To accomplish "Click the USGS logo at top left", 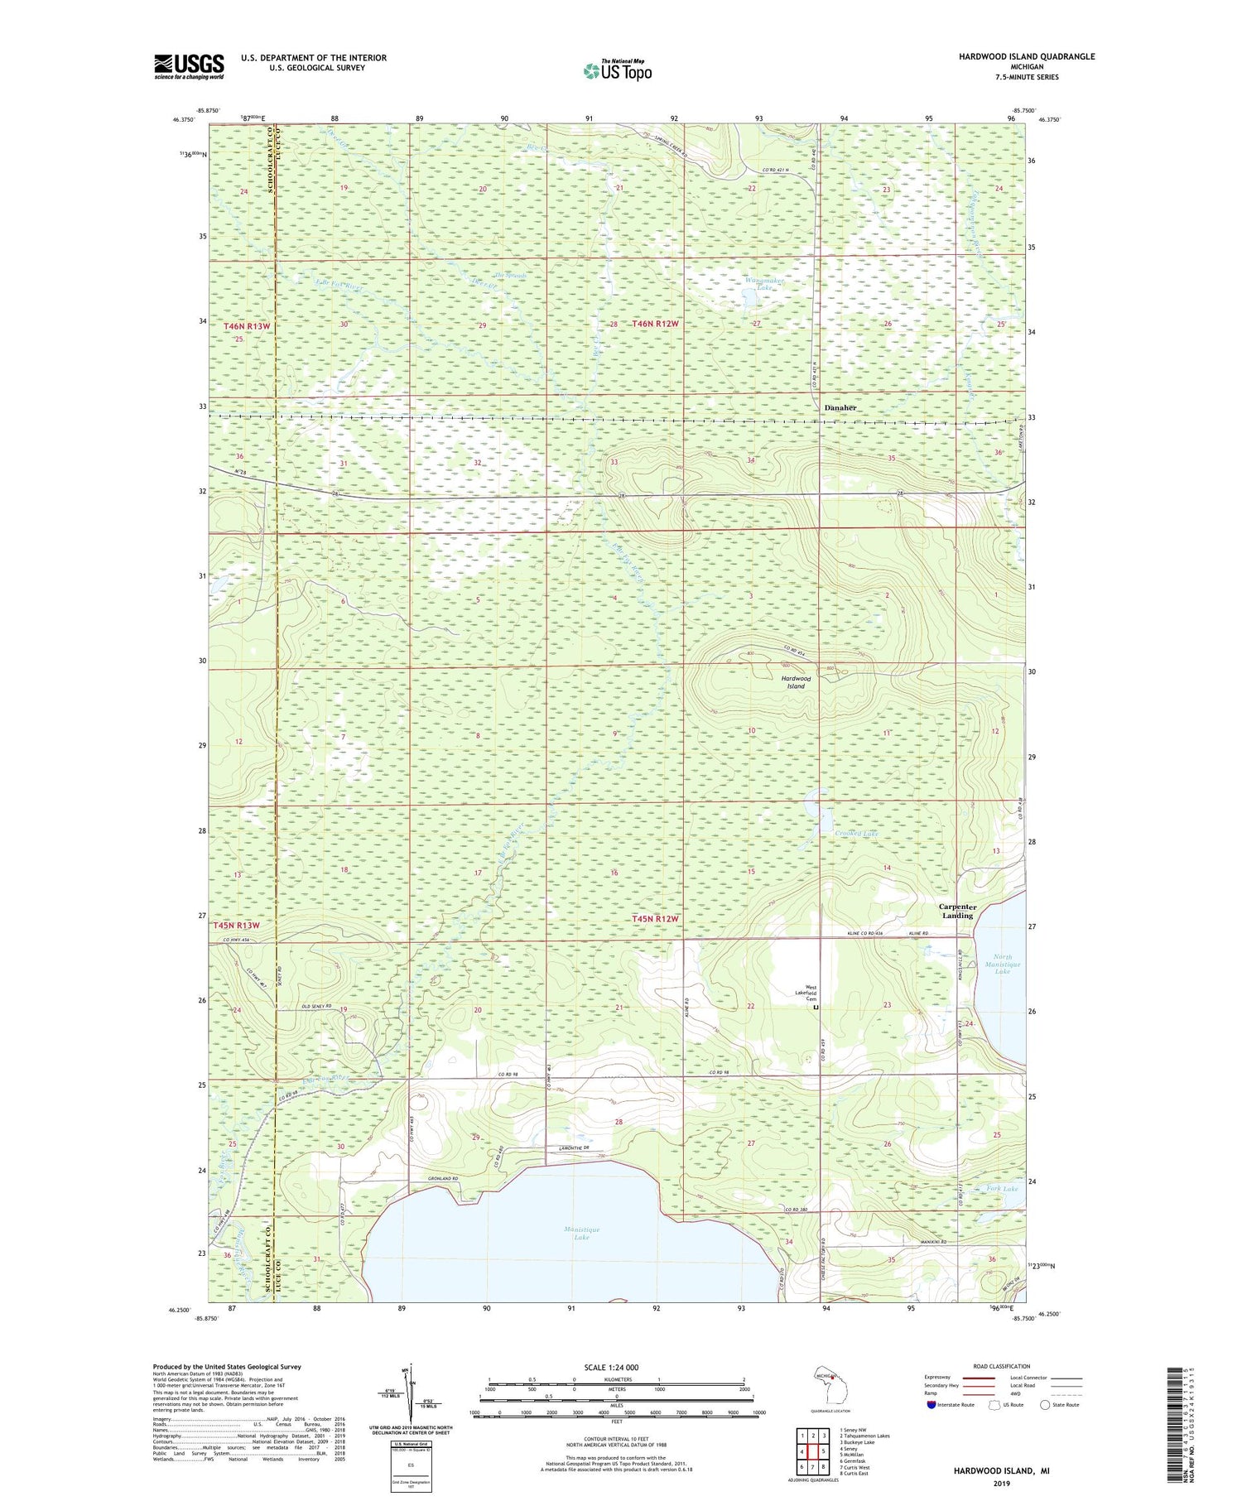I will coord(189,66).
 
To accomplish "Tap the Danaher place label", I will coord(840,408).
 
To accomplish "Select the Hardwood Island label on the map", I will coord(796,681).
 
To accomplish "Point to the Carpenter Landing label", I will coord(957,911).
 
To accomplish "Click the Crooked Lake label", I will coord(856,834).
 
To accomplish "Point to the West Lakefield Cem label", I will coord(808,993).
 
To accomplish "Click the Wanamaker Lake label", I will coord(763,284).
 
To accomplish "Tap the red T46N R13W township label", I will coord(247,326).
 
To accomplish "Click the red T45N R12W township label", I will coord(655,919).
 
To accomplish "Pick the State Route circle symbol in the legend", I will coord(1046,1405).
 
